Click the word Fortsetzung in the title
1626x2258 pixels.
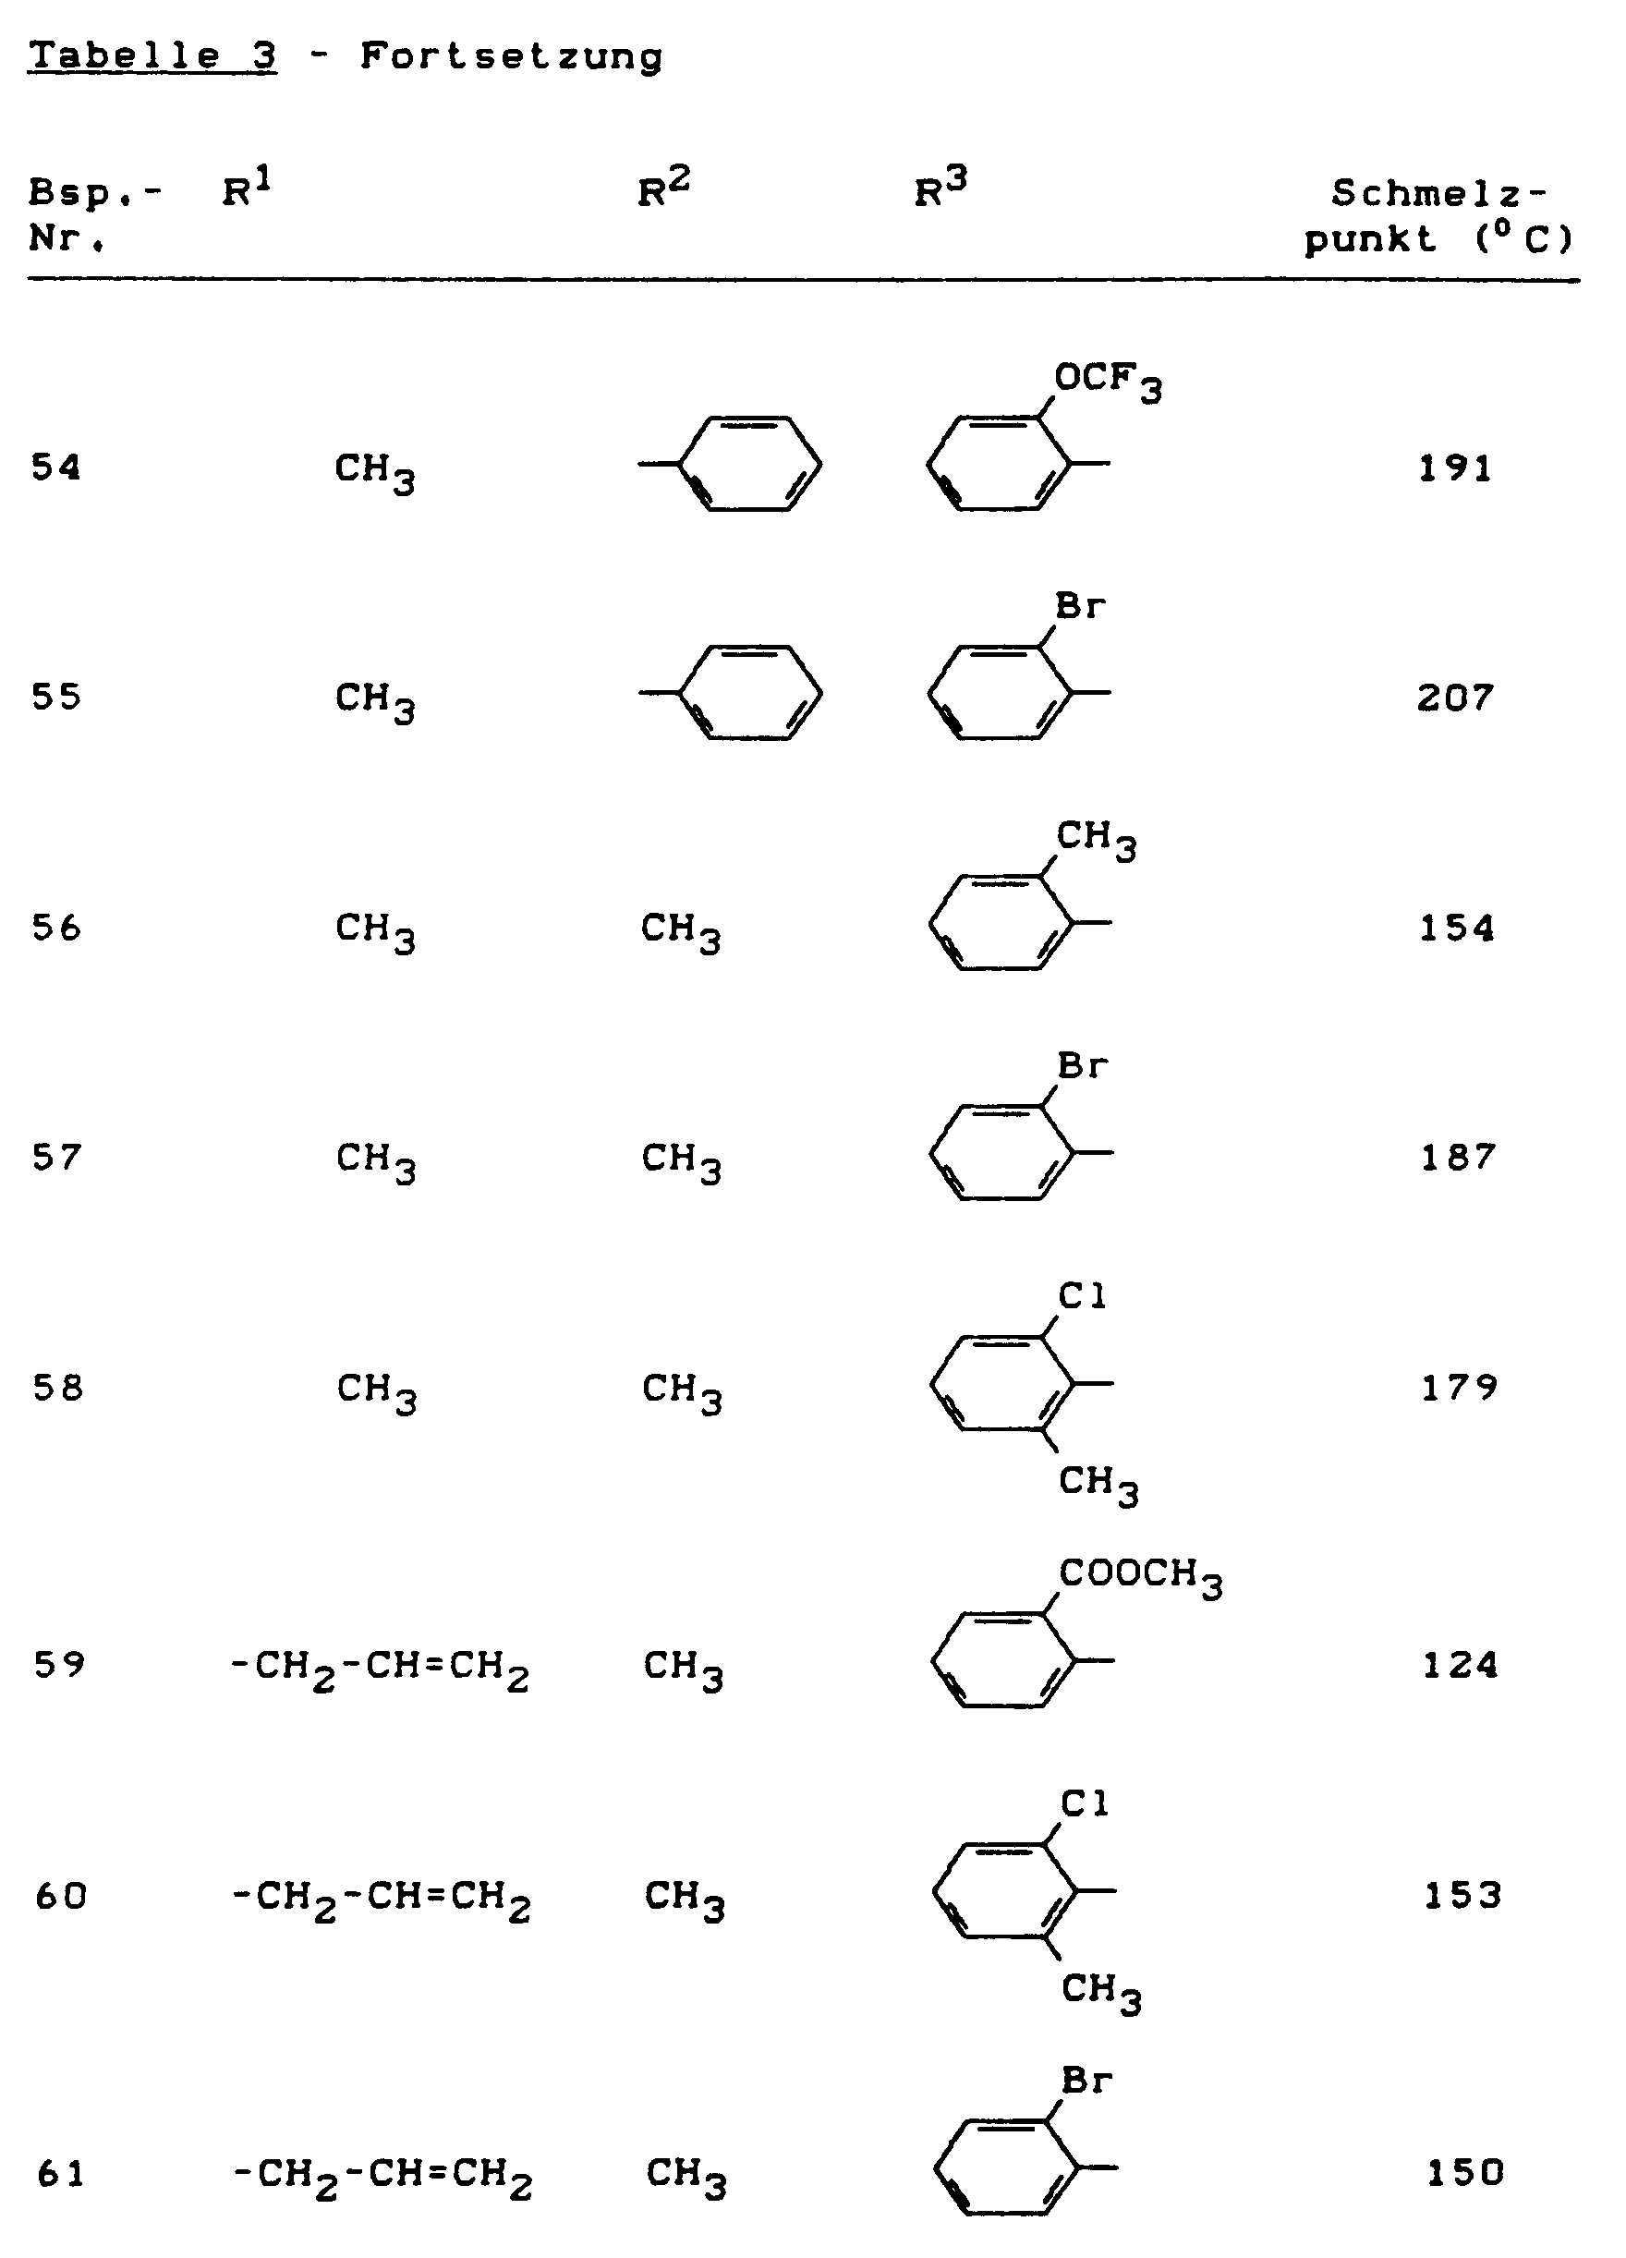(511, 56)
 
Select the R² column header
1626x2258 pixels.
(664, 188)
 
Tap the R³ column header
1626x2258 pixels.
(940, 188)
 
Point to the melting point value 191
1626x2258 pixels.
(1456, 467)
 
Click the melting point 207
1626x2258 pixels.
(1456, 698)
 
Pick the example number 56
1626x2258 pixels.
(56, 928)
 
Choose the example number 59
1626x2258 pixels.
(59, 1665)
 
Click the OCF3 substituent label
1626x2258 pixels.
(1107, 382)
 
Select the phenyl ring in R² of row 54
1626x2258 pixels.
(748, 464)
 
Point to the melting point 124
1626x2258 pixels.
(1460, 1665)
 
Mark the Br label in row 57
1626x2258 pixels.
(1083, 1066)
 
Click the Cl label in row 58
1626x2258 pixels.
(1083, 1295)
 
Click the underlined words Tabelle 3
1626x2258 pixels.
(152, 56)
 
